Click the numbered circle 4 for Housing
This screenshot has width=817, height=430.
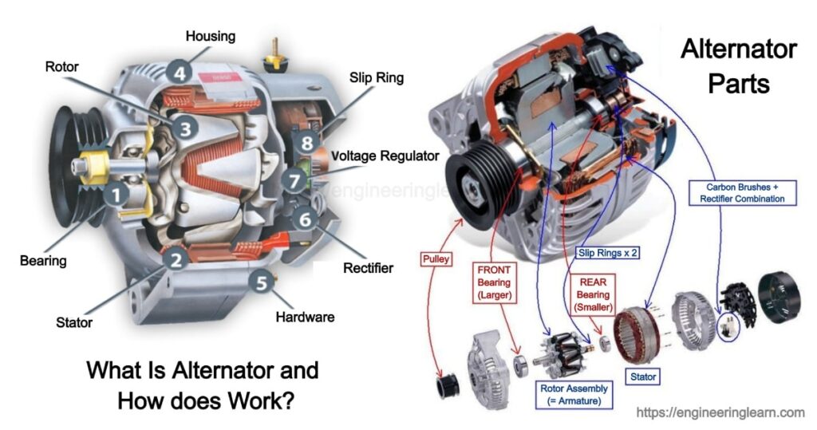pyautogui.click(x=180, y=73)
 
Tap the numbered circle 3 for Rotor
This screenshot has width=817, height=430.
pyautogui.click(x=185, y=127)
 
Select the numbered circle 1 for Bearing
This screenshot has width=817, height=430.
pyautogui.click(x=117, y=192)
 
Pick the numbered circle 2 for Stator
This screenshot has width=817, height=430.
pyautogui.click(x=177, y=258)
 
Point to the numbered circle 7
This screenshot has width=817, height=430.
pyautogui.click(x=295, y=180)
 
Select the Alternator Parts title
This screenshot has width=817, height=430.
pyautogui.click(x=737, y=65)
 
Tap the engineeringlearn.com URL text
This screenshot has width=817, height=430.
pyautogui.click(x=720, y=412)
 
